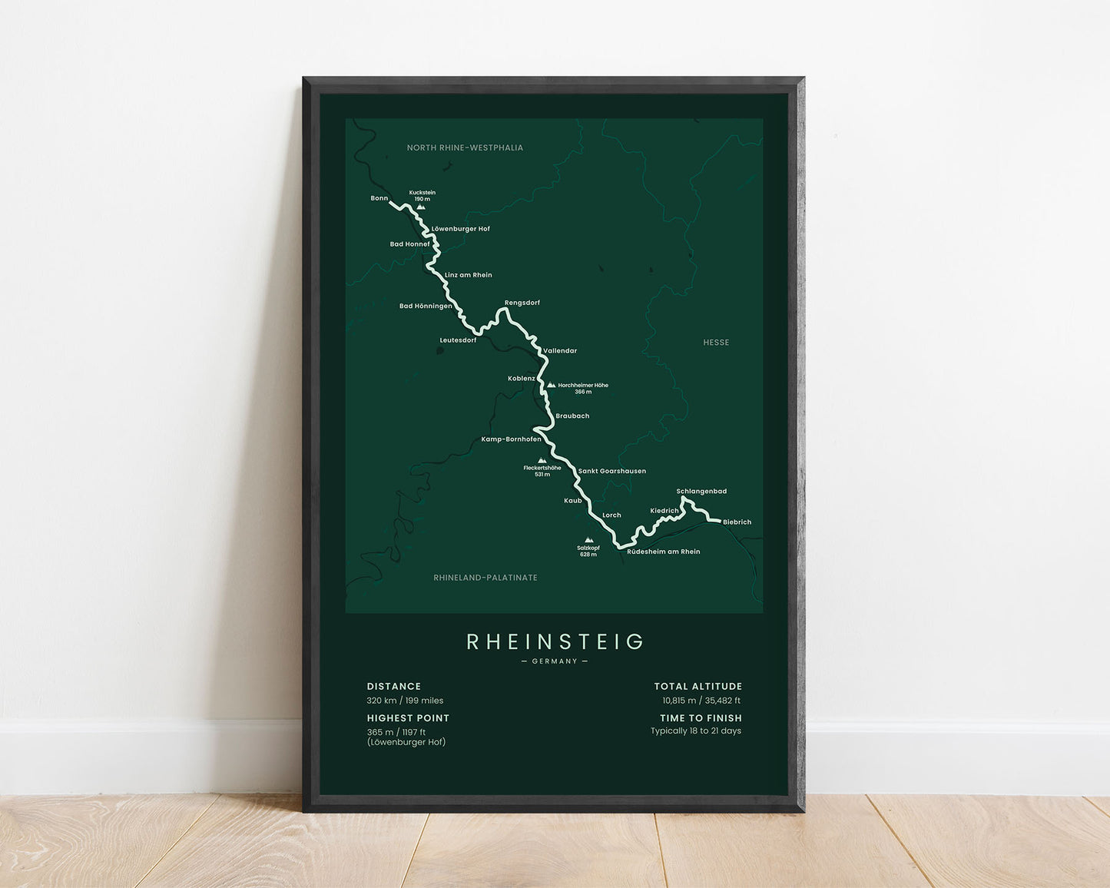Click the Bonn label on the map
pos(379,198)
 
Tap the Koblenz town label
pos(522,379)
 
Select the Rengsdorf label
pos(522,303)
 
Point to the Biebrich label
pos(737,522)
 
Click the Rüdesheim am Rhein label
pos(664,552)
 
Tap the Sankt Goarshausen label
pos(612,471)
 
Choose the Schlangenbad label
pos(701,492)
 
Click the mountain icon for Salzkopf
pos(589,540)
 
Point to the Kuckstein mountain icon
pos(421,207)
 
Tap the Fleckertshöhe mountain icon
pos(542,461)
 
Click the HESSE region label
pos(716,343)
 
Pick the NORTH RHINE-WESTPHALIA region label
pos(465,147)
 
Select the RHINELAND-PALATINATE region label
pos(485,578)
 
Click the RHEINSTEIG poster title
pos(555,641)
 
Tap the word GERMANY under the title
pos(555,661)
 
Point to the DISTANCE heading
pos(394,687)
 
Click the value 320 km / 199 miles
pos(405,701)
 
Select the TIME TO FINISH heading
pos(701,718)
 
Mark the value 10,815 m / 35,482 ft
pos(701,701)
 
